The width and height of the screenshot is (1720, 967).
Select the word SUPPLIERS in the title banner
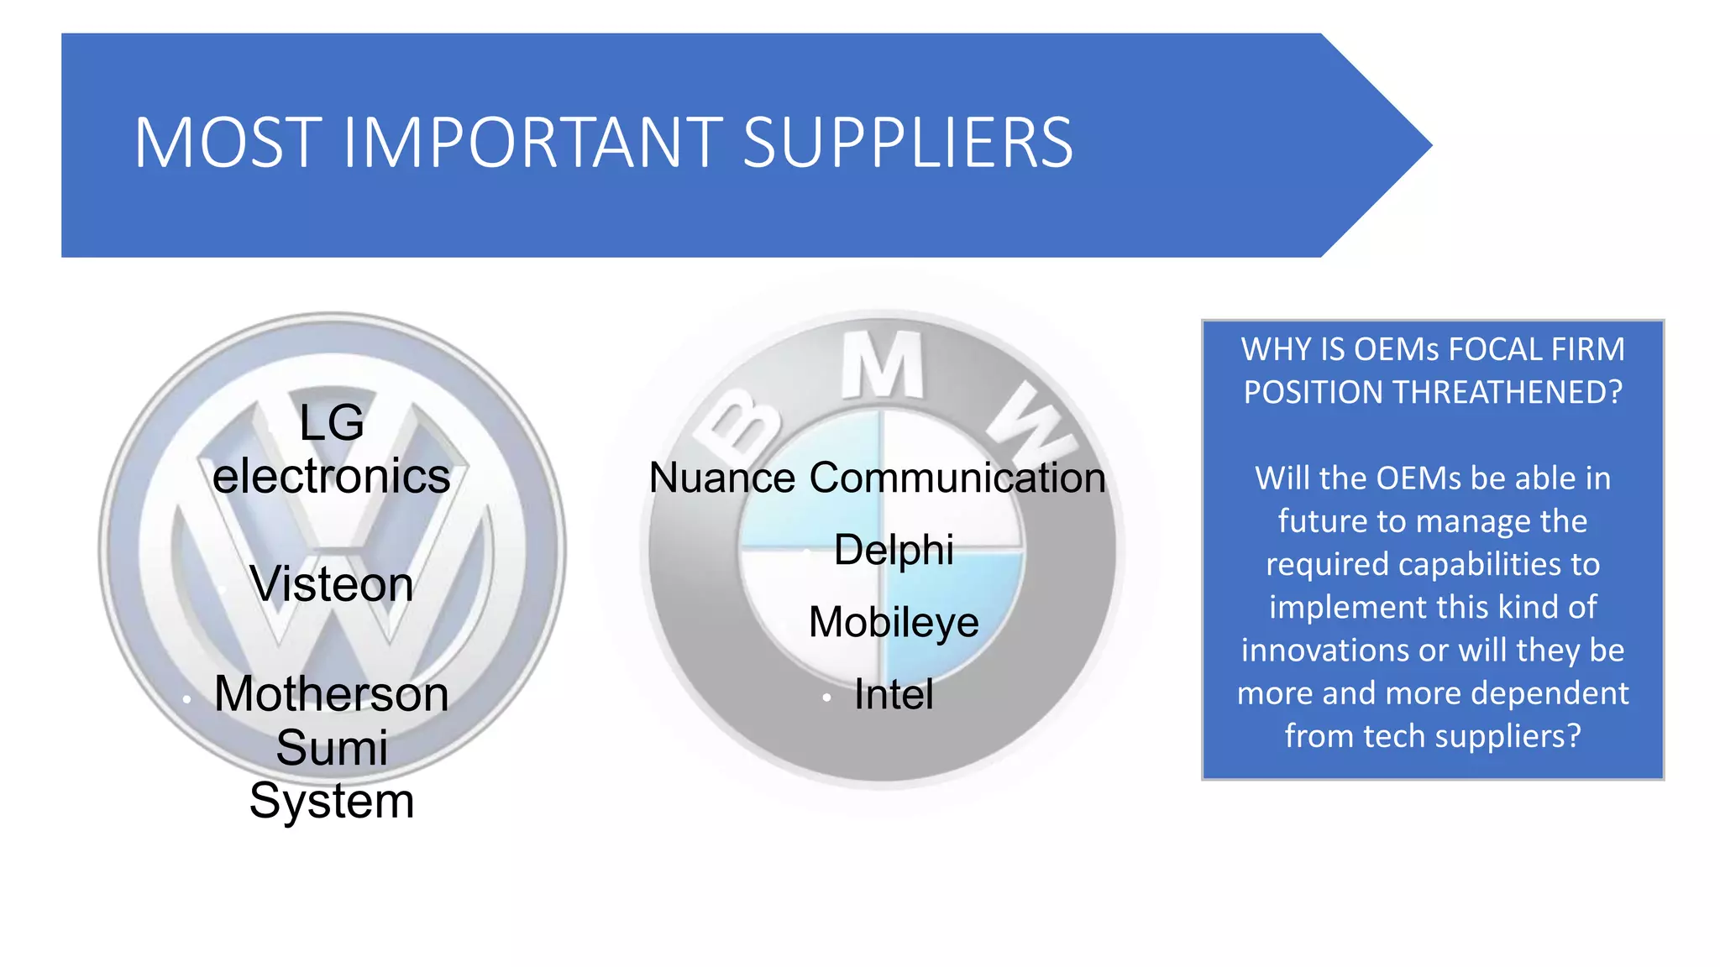coord(908,143)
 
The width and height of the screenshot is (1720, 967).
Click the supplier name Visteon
coord(332,583)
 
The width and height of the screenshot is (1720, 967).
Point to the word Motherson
coord(332,694)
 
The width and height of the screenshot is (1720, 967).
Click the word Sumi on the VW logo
coord(332,747)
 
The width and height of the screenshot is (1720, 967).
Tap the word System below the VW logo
coord(332,801)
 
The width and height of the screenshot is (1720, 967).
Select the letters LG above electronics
coord(332,422)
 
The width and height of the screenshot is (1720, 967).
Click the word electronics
coord(332,476)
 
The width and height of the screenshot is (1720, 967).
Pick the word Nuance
coord(722,478)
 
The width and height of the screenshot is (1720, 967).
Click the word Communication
coord(957,478)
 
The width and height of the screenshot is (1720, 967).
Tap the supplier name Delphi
coord(894,550)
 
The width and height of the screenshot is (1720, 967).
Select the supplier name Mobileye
coord(894,622)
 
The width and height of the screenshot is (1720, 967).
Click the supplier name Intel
coord(894,694)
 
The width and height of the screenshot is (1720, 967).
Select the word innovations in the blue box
coord(1345,651)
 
